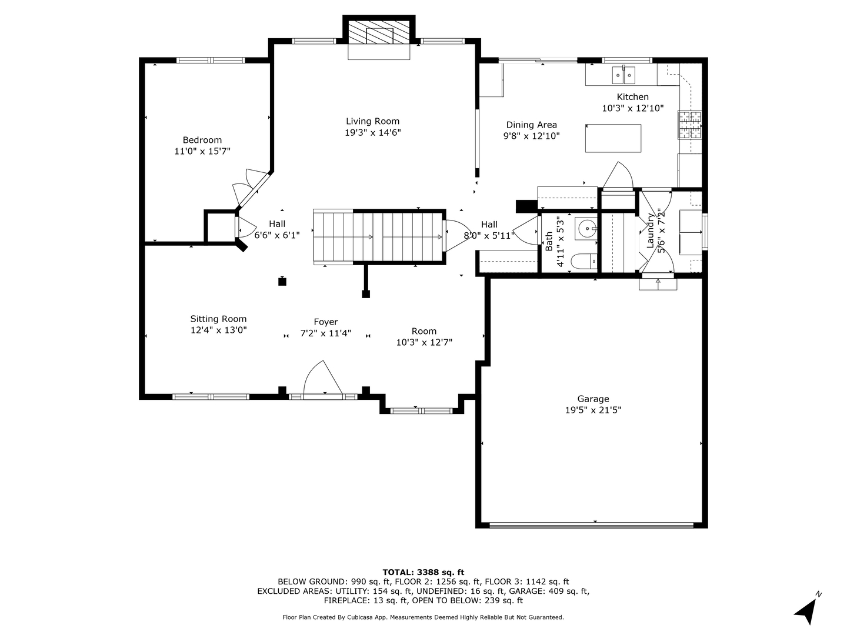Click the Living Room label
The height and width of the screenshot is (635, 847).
coord(372,121)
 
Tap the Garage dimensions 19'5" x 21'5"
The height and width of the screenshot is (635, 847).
coord(593,410)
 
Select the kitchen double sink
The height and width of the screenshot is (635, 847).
coord(623,75)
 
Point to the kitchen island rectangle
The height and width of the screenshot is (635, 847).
coord(613,138)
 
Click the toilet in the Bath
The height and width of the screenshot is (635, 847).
coord(584,262)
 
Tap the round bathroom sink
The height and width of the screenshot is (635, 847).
coord(586,229)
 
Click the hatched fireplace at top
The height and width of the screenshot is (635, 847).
coord(379,32)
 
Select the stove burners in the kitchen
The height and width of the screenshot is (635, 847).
coord(689,125)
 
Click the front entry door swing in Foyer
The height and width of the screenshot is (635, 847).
coord(323,378)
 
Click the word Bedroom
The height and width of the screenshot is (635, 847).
coord(202,140)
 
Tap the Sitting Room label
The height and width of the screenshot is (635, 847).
coord(218,319)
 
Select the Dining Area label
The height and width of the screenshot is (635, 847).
coord(531,125)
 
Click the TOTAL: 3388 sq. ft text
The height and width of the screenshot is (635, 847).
coord(423,572)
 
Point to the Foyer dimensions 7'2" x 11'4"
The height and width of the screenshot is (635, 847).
coord(326,333)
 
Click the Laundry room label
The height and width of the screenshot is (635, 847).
coord(650,230)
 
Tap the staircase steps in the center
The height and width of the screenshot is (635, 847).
coord(378,237)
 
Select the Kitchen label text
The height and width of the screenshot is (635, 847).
coord(633,97)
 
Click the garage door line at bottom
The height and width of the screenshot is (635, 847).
coord(591,525)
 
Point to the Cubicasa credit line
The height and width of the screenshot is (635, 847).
coord(423,617)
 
